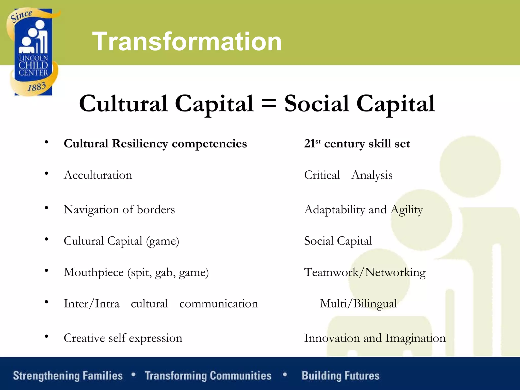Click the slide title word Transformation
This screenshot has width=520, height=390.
[187, 41]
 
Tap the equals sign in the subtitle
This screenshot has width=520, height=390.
[268, 104]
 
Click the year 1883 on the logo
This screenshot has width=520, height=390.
[37, 87]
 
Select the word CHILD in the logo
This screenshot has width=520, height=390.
[33, 65]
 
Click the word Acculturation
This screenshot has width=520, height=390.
[98, 175]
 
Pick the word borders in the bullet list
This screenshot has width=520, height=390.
[156, 209]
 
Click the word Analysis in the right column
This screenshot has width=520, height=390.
[372, 175]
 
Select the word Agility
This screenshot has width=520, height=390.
[407, 210]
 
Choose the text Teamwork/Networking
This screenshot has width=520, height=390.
[365, 272]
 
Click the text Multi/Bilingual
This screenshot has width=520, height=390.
[358, 304]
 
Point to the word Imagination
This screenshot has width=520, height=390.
[415, 338]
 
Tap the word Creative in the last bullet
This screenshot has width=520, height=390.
[84, 338]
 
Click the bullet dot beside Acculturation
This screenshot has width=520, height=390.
[46, 174]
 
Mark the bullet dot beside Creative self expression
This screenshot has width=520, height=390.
[46, 337]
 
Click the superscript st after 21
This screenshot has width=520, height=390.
[318, 141]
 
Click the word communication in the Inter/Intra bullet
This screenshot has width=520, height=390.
[219, 304]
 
